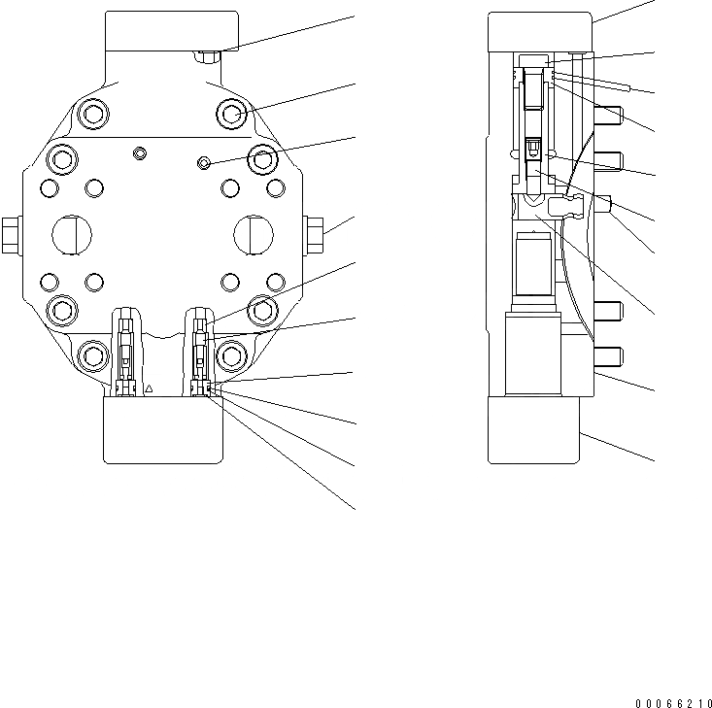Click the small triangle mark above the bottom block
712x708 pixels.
pos(150,388)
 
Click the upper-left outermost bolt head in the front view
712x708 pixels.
pos(92,115)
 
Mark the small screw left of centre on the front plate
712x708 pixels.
pos(140,152)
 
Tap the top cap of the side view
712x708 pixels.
pos(540,30)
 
